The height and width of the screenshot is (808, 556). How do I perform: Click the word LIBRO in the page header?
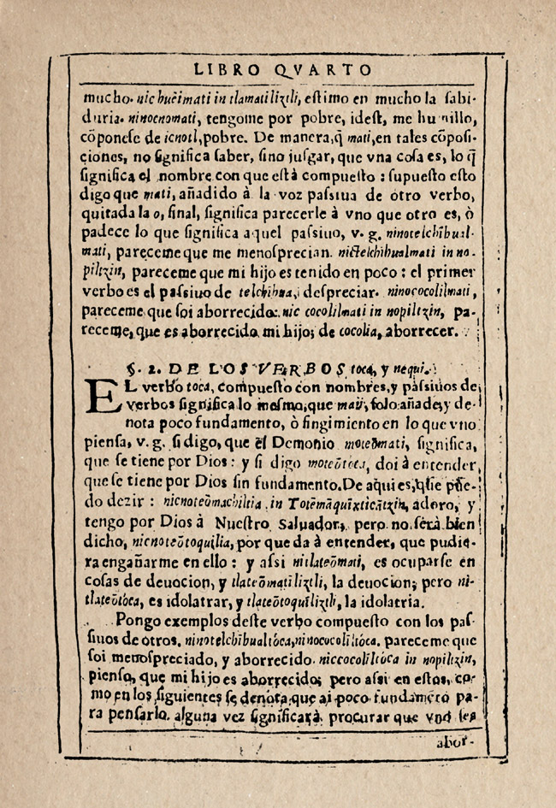coord(224,70)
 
